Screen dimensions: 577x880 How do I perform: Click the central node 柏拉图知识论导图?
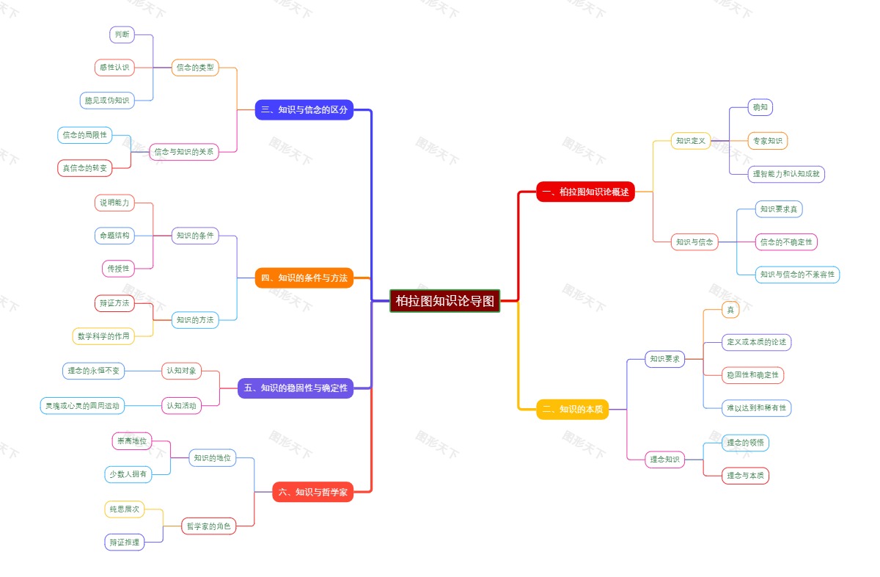click(x=444, y=301)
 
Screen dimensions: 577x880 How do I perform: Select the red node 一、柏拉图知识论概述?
click(x=585, y=192)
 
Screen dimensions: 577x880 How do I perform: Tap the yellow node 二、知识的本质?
click(x=572, y=409)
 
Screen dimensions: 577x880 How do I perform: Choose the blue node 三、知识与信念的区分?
click(x=304, y=110)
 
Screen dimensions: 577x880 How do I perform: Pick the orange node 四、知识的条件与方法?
click(x=304, y=277)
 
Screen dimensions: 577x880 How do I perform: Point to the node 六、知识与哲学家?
click(x=312, y=492)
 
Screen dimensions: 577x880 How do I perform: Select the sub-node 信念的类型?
click(x=195, y=68)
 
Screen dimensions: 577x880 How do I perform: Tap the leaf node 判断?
click(x=122, y=35)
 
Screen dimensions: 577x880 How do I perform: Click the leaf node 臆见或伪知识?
click(x=107, y=100)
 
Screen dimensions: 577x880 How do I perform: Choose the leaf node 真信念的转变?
click(x=84, y=167)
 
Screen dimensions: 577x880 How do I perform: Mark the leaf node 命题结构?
click(x=114, y=236)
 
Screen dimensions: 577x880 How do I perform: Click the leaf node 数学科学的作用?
click(x=103, y=336)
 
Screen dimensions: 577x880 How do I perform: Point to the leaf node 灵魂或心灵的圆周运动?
click(x=82, y=405)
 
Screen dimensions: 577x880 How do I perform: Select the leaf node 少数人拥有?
click(x=128, y=474)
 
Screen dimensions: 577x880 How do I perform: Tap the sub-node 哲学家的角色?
click(x=208, y=526)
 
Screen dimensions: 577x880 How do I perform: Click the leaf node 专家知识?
click(x=768, y=140)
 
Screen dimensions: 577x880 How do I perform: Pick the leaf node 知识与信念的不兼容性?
click(x=797, y=275)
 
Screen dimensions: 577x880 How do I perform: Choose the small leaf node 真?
click(x=730, y=310)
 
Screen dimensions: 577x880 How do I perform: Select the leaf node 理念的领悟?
click(x=745, y=443)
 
